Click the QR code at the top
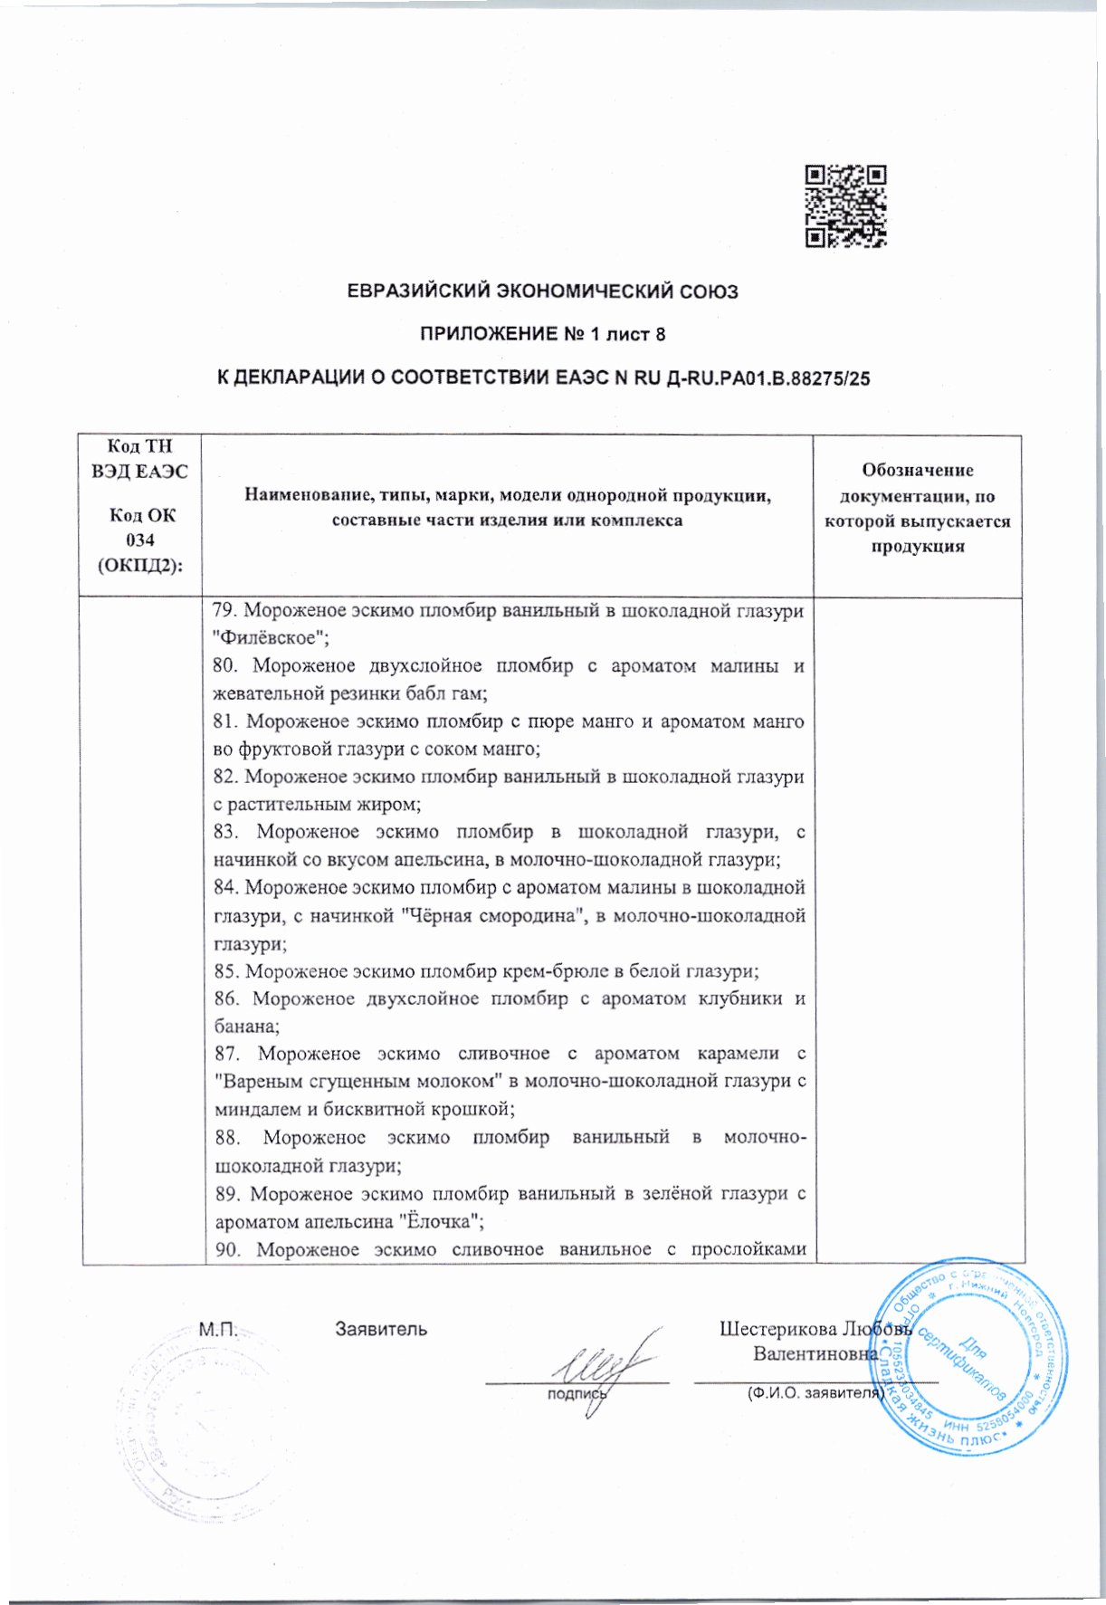pyautogui.click(x=845, y=206)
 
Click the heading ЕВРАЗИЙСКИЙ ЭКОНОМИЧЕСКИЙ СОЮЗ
pyautogui.click(x=543, y=291)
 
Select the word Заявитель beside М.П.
pyautogui.click(x=381, y=1329)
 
